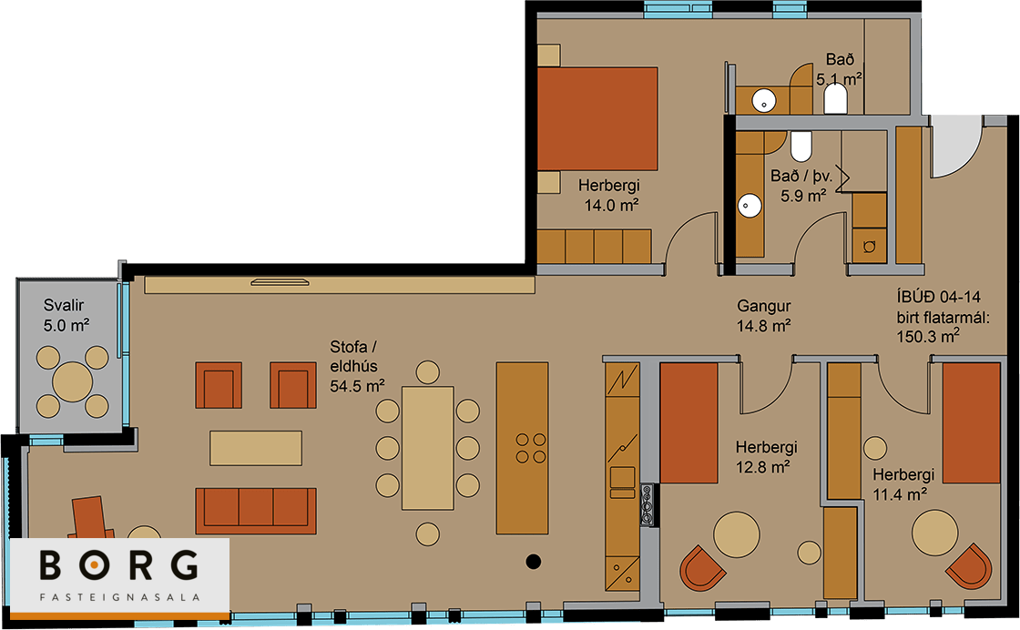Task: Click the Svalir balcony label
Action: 64,305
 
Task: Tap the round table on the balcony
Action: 72,381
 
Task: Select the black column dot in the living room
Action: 534,561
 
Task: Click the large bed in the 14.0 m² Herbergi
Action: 597,118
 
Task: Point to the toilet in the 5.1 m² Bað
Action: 835,99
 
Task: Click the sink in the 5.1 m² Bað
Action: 764,101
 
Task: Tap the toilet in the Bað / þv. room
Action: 801,147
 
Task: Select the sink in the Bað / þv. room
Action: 750,206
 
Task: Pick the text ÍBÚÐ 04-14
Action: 939,297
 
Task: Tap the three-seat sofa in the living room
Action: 256,511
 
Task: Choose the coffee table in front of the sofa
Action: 256,448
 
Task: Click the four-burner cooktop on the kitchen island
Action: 531,449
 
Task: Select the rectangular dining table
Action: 427,448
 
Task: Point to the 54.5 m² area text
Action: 357,385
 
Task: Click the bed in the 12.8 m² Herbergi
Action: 688,422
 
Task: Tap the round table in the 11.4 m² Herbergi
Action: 934,533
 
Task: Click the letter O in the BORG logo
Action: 94,565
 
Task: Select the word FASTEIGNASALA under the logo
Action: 119,597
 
